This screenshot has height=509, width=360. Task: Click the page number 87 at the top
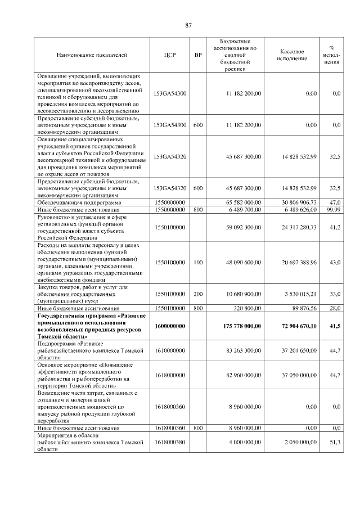coord(188,25)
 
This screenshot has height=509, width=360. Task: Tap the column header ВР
coord(197,55)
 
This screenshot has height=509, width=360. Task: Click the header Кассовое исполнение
coord(292,55)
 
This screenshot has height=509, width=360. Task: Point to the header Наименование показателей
coord(92,55)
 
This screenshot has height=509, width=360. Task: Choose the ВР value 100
coord(197,262)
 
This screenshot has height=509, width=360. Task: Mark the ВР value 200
coord(197,294)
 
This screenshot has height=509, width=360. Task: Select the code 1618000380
coord(169,443)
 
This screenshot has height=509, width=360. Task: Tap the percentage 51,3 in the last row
coord(336,443)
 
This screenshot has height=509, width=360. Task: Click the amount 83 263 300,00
coord(238,350)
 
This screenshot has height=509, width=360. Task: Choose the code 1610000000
coord(169,350)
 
